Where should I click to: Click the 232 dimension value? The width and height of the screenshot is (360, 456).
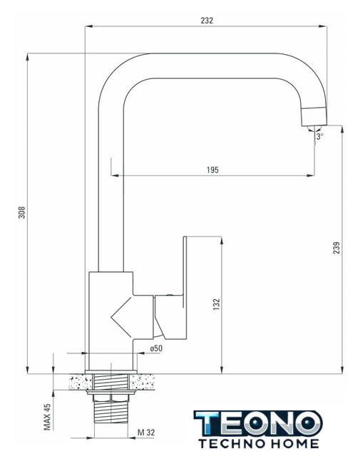[x=207, y=21]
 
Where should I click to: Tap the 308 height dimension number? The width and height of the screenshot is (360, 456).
[x=22, y=212]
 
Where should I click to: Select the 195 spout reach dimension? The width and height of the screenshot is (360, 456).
[x=212, y=170]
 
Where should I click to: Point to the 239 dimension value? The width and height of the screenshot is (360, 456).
[x=336, y=248]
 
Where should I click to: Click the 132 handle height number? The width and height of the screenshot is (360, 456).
[x=217, y=304]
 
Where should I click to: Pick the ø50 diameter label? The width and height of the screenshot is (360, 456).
[x=156, y=348]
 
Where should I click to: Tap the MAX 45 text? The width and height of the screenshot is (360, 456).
[x=47, y=417]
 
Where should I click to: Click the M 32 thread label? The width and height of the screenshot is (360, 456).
[x=146, y=432]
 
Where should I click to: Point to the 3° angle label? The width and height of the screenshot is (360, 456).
[x=320, y=136]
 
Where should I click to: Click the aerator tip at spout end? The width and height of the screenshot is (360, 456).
[x=314, y=117]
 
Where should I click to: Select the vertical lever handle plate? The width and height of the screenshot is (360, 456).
[x=185, y=271]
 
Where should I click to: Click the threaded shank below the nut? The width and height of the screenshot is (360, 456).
[x=111, y=412]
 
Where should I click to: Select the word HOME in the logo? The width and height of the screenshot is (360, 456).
[x=294, y=444]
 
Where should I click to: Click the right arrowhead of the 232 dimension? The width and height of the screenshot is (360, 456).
[x=323, y=26]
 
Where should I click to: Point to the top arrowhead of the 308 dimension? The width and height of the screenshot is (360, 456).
[x=27, y=57]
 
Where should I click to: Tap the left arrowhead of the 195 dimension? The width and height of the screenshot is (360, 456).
[x=115, y=175]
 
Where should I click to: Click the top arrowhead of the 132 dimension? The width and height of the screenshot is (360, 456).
[x=222, y=240]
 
